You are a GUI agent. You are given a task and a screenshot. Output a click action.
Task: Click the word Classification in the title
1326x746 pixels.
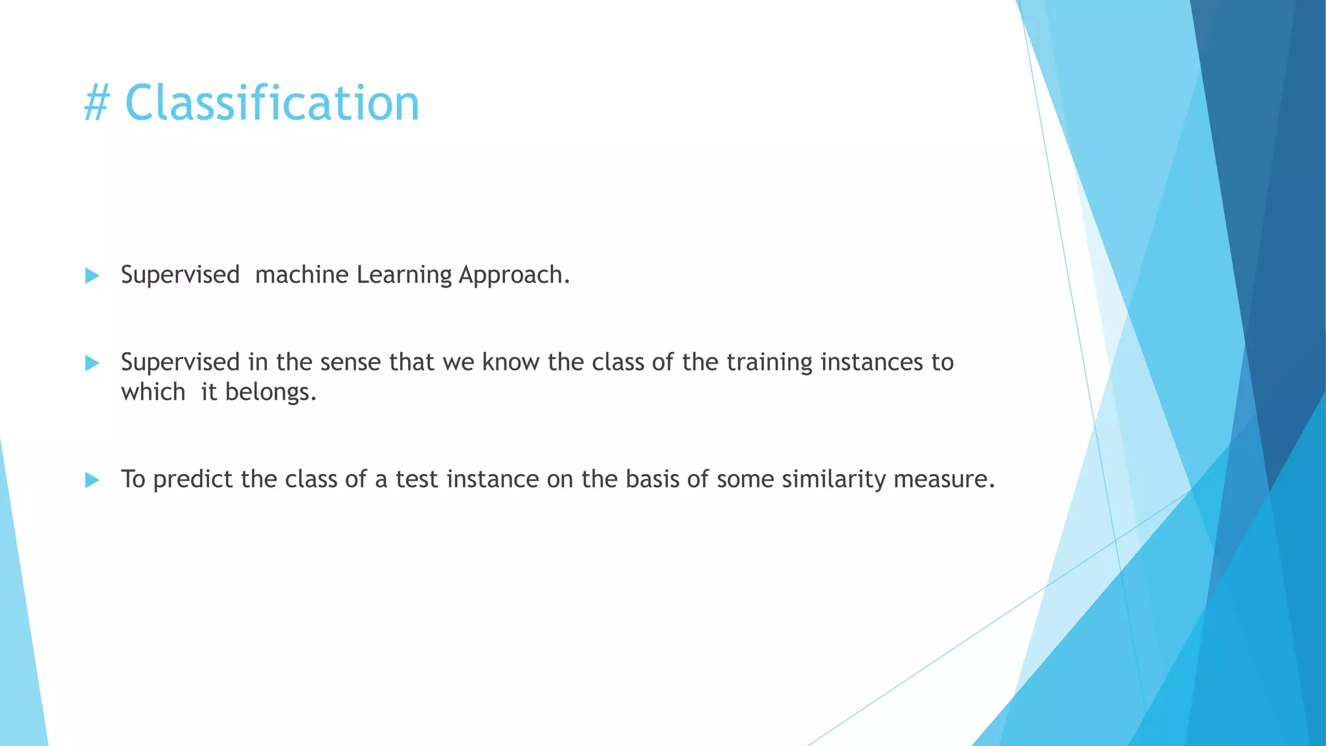coord(272,104)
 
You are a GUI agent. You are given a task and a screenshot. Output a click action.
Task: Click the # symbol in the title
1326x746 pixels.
coord(97,104)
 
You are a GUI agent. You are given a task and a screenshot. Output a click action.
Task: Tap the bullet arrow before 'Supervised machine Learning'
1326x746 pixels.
coord(92,276)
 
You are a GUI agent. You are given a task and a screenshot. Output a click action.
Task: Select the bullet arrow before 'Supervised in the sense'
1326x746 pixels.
coord(92,363)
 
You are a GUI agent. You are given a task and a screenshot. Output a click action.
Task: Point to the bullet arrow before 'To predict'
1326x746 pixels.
coord(92,480)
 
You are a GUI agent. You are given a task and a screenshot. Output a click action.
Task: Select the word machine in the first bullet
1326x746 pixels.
coord(302,275)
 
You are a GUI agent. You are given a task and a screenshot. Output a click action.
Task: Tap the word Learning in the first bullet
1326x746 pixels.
coord(404,275)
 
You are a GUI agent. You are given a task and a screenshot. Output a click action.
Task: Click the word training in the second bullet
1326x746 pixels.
coord(769,362)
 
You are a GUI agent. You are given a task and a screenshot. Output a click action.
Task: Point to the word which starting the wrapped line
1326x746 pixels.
coord(153,392)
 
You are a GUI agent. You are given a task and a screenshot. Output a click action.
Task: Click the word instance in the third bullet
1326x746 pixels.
coord(493,480)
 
